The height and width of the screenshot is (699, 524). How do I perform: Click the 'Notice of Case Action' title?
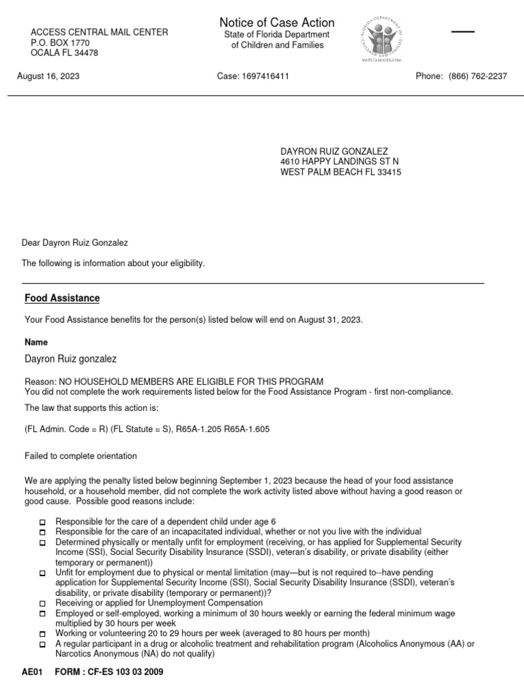point(277,23)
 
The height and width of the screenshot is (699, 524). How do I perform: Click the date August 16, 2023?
point(48,76)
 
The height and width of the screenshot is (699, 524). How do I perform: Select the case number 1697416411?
point(265,76)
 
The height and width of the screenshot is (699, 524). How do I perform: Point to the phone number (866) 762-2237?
point(478,76)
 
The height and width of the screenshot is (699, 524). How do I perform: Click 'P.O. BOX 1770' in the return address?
point(60,42)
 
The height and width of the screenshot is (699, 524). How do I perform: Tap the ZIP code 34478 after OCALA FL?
point(87,53)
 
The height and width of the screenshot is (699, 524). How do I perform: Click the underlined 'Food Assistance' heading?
point(62,298)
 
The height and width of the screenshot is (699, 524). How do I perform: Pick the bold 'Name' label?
point(36,342)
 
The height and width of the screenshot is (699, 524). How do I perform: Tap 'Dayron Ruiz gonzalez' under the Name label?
point(70,359)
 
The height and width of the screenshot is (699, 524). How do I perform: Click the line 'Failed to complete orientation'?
point(81,456)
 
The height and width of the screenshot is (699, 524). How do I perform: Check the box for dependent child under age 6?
point(42,522)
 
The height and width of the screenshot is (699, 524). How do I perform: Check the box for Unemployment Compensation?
point(42,604)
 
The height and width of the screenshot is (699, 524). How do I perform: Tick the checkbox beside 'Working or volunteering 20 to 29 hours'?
point(42,634)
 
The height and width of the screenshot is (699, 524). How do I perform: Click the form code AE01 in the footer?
point(32,672)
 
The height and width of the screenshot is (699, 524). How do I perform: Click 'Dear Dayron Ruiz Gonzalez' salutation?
point(75,242)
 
